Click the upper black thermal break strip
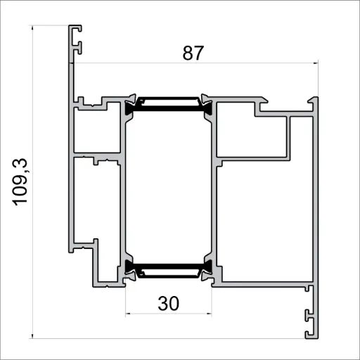(x=169, y=106)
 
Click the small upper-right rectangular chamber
(x=251, y=134)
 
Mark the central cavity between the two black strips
(x=169, y=186)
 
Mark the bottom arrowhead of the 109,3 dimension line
(x=33, y=335)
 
